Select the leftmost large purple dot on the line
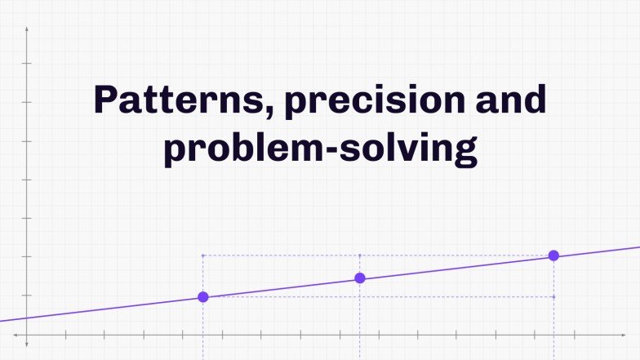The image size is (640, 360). tap(203, 297)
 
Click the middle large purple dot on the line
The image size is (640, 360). tap(360, 278)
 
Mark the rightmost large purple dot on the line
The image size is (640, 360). tap(553, 256)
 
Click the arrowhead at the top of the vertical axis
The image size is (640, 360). tap(27, 29)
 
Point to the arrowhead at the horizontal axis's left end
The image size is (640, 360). tap(15, 335)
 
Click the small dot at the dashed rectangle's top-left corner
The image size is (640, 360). tap(203, 256)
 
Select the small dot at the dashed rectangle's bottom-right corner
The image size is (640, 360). tap(553, 296)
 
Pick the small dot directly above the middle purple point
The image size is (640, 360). tap(360, 256)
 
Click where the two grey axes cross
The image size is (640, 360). tap(27, 335)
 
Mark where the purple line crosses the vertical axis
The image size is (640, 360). tap(27, 318)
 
